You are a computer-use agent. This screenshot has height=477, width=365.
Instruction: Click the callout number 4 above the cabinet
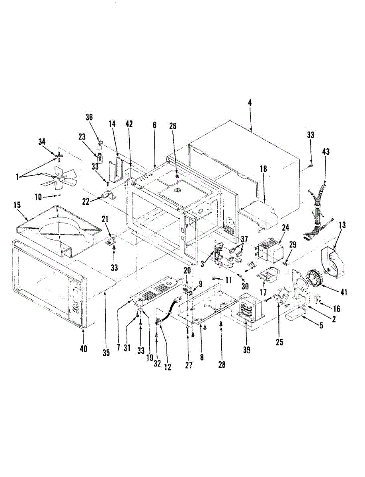tap(250, 103)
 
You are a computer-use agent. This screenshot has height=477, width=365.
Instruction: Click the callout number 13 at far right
tap(342, 225)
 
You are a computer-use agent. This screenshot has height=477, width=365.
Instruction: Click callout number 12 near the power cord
tap(167, 367)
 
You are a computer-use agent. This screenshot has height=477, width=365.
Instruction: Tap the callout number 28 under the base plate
tap(222, 365)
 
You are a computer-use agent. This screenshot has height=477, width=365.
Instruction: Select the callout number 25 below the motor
tap(279, 341)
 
